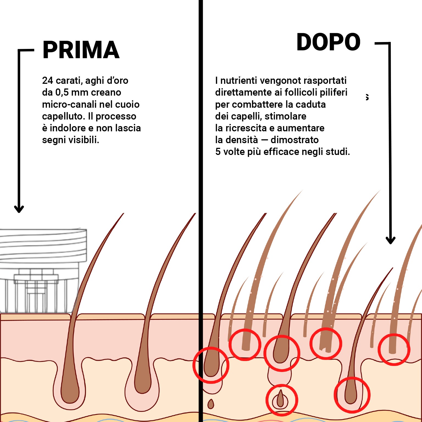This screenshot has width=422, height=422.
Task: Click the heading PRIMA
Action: pos(81,50)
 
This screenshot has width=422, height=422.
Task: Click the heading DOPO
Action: pos(328,42)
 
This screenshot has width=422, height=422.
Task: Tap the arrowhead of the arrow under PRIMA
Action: pos(19,209)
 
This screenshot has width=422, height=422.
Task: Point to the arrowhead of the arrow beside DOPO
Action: pos(390,240)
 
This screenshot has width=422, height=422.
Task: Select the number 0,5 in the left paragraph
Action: pos(62,92)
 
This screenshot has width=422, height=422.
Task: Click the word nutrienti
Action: pos(239,80)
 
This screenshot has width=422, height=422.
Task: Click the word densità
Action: pos(241,140)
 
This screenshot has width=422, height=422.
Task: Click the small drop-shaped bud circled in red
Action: pos(280,399)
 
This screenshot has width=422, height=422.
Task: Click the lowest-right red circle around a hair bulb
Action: pos(352,395)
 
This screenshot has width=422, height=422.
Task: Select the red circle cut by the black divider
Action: pos(211,365)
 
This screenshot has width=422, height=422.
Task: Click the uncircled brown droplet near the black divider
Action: pos(211,404)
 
